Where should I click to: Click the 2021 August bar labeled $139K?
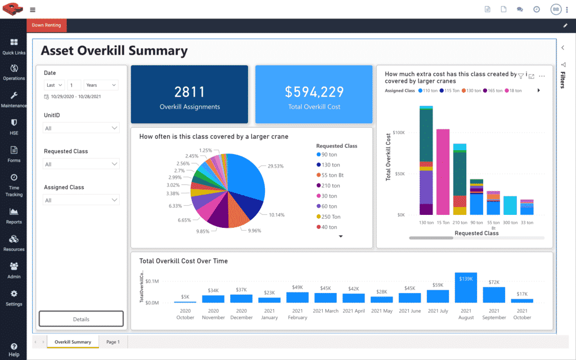coord(466,287)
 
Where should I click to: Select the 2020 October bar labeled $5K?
coord(184,302)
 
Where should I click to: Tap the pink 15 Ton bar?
coord(443,172)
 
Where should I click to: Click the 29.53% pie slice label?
coord(276,166)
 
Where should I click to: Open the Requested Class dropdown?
coord(82,164)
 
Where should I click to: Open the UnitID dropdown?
coord(82,128)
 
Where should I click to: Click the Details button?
coord(81,319)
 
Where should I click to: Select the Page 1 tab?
coord(113,341)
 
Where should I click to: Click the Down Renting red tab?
coord(47,25)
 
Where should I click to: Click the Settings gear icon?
coord(13,294)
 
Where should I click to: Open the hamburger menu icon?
coord(33,10)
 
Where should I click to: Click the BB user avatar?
coord(555,10)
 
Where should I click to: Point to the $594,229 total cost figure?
coord(313,92)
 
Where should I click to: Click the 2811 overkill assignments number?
coord(190,92)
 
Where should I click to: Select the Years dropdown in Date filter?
coord(101,85)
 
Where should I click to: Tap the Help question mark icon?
coord(13,346)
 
